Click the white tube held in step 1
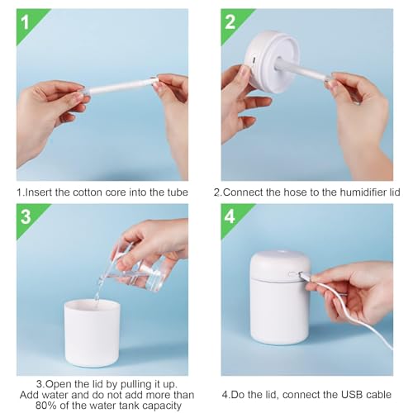click(x=121, y=86)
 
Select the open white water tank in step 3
click(x=93, y=333)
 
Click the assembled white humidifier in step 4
click(x=280, y=297)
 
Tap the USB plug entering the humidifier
click(x=304, y=276)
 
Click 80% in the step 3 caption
click(x=45, y=406)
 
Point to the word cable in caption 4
click(x=377, y=395)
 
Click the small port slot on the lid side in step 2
click(x=254, y=60)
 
